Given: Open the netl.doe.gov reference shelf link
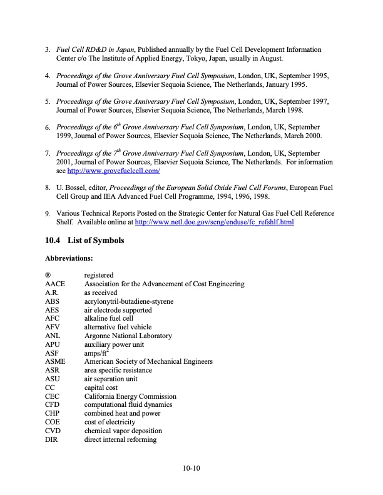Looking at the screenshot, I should coord(215,222).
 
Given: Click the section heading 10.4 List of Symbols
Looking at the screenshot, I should coord(84,241).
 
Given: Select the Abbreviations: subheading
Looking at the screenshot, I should coord(69,257).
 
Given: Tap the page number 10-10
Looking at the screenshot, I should coord(191,467).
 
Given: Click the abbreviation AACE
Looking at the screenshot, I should coord(55,284).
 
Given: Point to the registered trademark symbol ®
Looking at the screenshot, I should coord(48,275).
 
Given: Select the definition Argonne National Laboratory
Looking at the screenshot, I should coord(128,336).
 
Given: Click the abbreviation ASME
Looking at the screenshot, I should coord(55,361).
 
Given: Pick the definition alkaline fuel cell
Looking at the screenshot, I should coord(109,318).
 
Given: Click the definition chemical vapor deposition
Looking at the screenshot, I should coord(123,431).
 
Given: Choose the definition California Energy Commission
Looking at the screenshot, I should coord(130,396).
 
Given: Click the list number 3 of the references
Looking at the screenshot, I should coord(48,49).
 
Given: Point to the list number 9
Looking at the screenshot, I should coord(48,214).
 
